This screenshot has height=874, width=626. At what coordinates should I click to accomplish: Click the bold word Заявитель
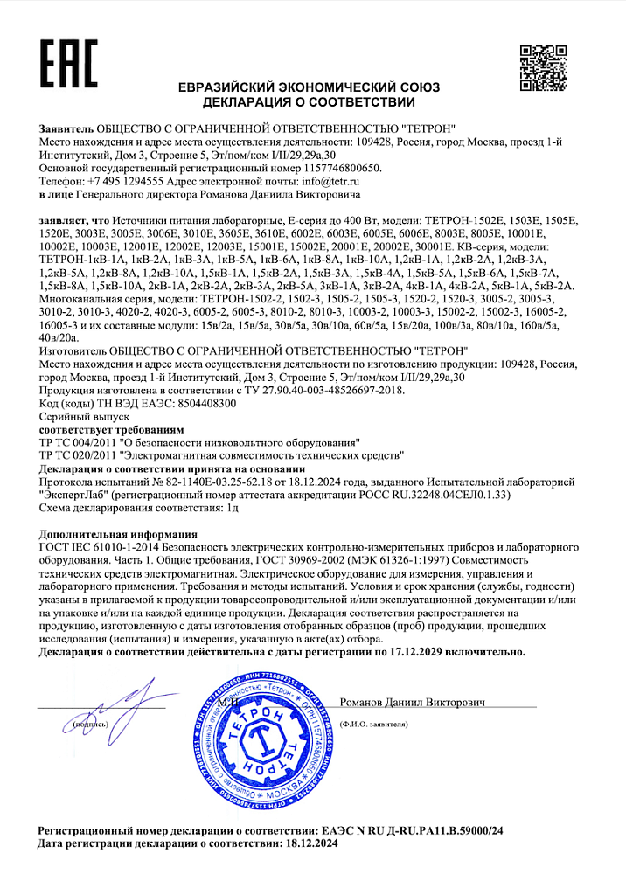coord(66,128)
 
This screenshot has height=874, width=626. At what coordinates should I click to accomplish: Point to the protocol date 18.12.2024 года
coord(341,482)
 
